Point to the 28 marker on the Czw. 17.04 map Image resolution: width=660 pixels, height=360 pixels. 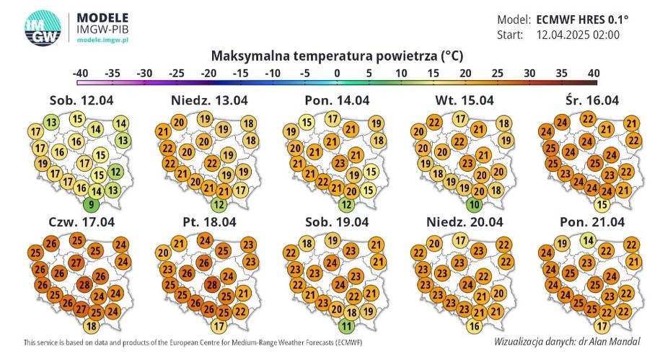tap(85, 284)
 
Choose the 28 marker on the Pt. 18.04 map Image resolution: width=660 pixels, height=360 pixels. tap(212, 284)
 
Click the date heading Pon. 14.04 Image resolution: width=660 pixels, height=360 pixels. tap(338, 100)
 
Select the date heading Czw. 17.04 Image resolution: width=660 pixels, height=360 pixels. tap(82, 222)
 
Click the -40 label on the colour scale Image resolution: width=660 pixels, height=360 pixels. tap(80, 72)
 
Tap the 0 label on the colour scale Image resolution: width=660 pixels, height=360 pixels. tap(337, 72)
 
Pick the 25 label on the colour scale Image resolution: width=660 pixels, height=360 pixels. tap(497, 72)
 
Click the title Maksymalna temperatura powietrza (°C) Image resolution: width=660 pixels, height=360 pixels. tap(336, 56)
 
